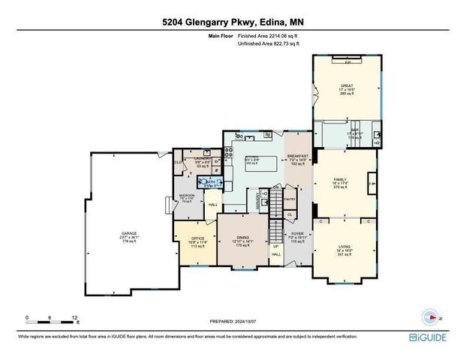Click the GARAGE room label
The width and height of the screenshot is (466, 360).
click(x=128, y=234)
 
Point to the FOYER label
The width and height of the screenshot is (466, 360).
click(x=298, y=234)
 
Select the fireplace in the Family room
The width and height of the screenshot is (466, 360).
click(x=371, y=183)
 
